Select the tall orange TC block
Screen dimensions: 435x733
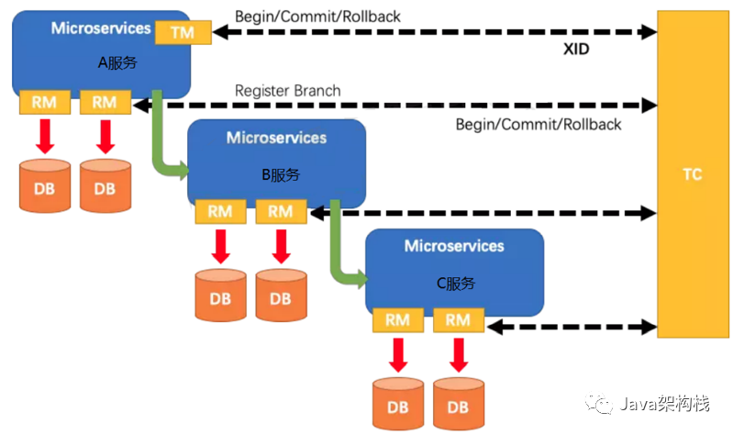[693, 173]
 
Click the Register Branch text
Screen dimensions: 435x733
[287, 91]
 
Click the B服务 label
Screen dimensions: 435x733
[280, 174]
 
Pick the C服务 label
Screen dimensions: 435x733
[456, 284]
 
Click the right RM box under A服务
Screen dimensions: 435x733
[105, 103]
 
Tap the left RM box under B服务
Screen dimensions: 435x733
[220, 211]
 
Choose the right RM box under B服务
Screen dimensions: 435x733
[280, 211]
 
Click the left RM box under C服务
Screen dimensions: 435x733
[397, 320]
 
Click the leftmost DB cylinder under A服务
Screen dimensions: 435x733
[45, 186]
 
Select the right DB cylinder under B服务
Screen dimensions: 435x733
[281, 296]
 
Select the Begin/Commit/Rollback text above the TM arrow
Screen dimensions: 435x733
[317, 17]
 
